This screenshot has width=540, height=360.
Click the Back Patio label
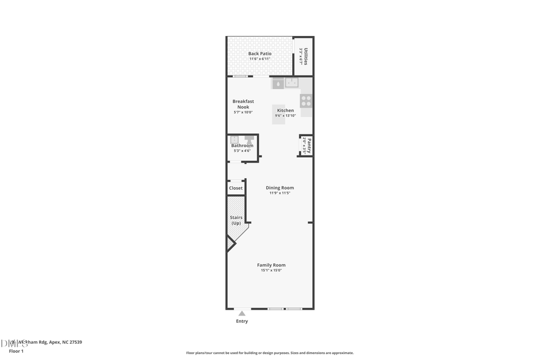[x=260, y=53]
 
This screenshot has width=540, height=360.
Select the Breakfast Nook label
[x=243, y=104]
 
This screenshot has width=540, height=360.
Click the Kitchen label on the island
[x=285, y=110]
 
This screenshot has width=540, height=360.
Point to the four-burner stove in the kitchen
[x=306, y=100]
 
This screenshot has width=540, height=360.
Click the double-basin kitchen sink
[x=291, y=83]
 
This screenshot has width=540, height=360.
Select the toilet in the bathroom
[x=249, y=140]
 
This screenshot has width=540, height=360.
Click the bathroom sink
[x=235, y=140]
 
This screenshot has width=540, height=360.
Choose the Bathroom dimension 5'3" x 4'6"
[x=242, y=151]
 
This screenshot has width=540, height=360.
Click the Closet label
[x=236, y=188]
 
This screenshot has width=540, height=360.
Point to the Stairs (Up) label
[x=236, y=220]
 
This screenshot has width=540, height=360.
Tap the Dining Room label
[x=280, y=188]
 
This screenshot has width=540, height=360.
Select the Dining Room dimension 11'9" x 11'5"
[x=280, y=193]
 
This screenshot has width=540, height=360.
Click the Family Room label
[x=271, y=265]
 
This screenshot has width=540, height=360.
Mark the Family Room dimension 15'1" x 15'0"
[x=271, y=271]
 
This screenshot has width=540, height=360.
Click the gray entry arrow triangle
[x=241, y=313]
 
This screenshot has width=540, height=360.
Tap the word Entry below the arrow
[x=241, y=321]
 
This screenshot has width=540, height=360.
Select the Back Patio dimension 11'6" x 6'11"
[x=260, y=59]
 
